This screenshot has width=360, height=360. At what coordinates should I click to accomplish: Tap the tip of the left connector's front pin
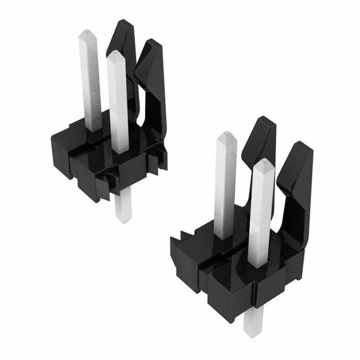click(115, 54)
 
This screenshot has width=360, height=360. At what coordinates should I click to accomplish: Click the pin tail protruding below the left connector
click(123, 206)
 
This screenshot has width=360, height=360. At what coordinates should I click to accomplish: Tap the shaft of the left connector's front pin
click(118, 106)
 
